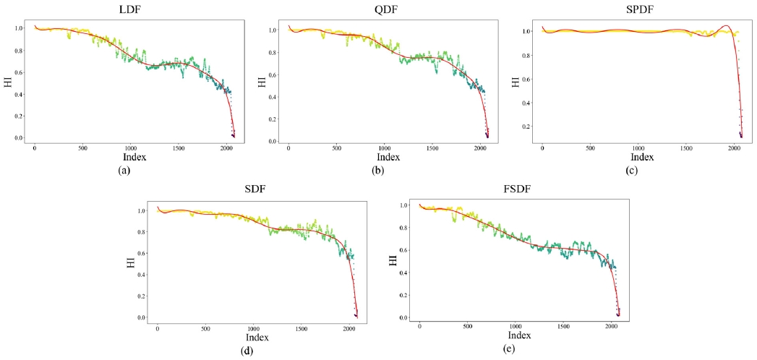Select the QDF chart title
[383, 10]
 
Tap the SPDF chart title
[638, 10]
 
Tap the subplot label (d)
[253, 351]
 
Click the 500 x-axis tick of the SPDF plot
[591, 148]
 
